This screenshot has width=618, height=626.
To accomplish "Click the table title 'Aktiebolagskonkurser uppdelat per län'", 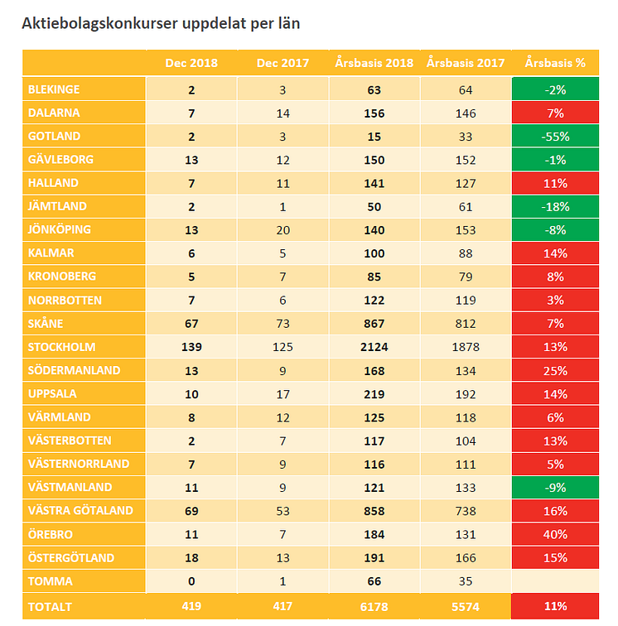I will click(161, 23).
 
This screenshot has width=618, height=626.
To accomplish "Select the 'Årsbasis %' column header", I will click(555, 63).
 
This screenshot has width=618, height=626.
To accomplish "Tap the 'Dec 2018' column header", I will click(191, 63).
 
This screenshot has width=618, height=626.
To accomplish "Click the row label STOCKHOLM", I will click(62, 347).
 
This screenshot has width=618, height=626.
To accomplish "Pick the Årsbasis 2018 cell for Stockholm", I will click(374, 347).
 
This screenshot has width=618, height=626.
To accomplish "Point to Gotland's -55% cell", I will click(555, 137).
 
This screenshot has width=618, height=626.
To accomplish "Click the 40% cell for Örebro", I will click(555, 534).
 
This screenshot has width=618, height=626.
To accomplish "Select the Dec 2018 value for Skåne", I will click(191, 324).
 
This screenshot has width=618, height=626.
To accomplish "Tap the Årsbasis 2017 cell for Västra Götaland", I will click(466, 511).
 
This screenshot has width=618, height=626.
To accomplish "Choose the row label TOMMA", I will click(51, 581).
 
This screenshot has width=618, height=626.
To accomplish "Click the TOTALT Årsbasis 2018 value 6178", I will click(374, 606).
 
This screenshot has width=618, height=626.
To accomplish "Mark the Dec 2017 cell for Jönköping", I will click(282, 230).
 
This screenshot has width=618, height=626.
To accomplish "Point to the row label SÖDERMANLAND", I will click(74, 370).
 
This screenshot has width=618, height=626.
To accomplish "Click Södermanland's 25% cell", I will click(555, 370).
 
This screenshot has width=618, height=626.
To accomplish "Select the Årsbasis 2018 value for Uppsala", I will click(374, 394).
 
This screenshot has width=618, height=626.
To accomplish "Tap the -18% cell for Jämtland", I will click(555, 207).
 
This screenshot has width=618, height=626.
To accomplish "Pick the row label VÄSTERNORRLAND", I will click(79, 464).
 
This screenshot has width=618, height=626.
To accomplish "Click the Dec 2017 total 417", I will click(282, 606).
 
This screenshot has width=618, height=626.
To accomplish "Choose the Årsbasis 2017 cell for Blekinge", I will click(466, 89).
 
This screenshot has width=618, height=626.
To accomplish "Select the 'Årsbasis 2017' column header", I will click(466, 63).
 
